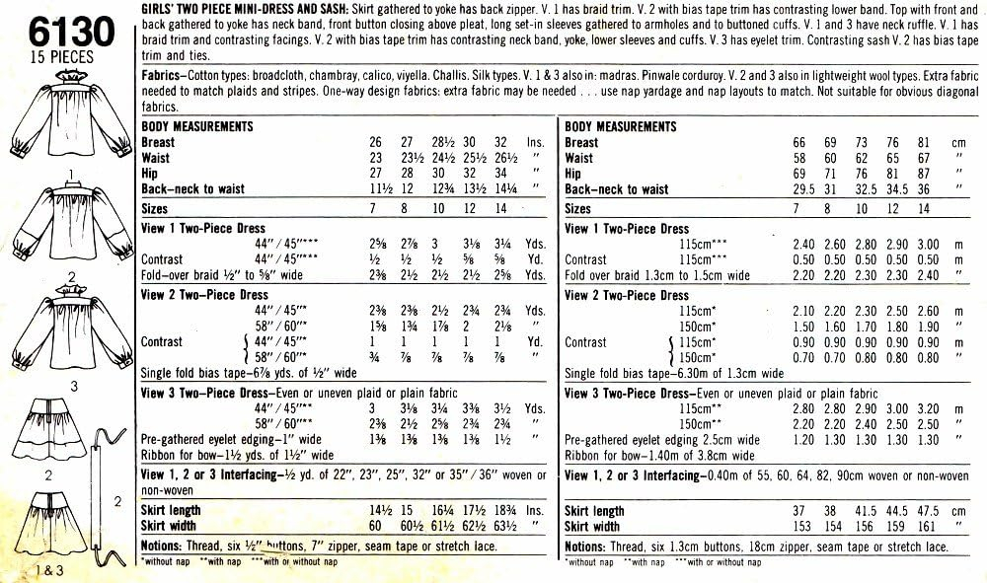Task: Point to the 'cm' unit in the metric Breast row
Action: [x=955, y=142]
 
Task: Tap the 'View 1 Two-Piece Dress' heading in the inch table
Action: [x=203, y=228]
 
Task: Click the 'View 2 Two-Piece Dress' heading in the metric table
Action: [x=627, y=295]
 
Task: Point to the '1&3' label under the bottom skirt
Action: [x=44, y=569]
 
